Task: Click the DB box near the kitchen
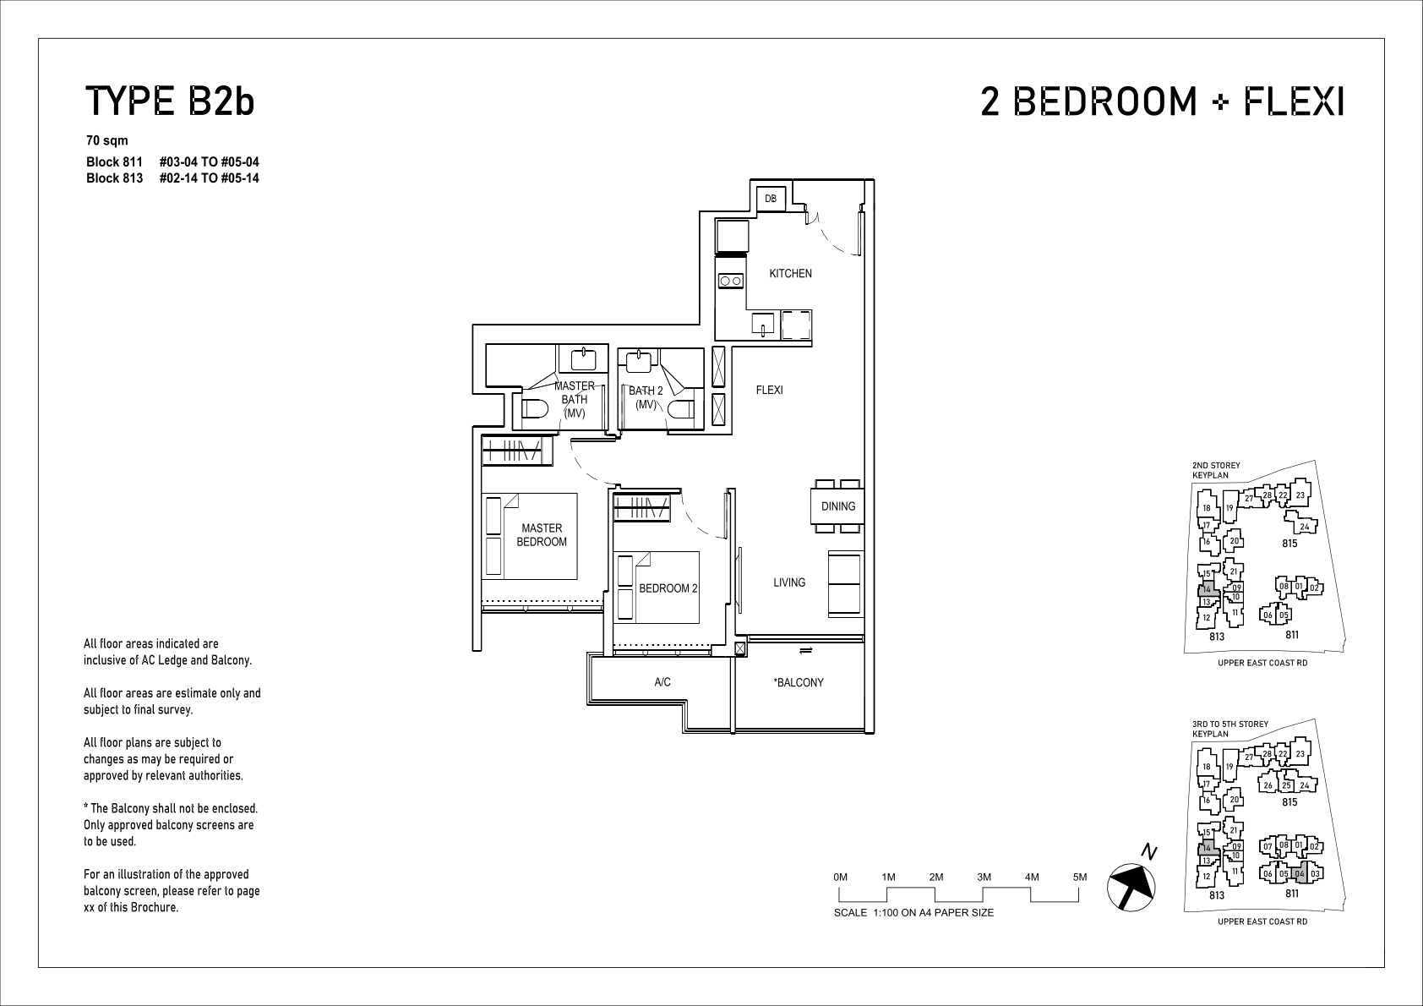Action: coord(771,199)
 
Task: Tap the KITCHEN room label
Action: coord(790,273)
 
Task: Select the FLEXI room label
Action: coord(769,391)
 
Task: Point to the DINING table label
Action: coord(838,506)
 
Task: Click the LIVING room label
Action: coord(789,582)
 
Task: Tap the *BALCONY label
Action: coord(799,682)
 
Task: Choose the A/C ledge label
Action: coord(662,682)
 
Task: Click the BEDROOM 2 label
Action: coord(668,588)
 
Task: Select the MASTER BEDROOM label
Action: coord(542,535)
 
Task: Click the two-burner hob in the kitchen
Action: coord(731,281)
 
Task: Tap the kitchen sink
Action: coord(763,324)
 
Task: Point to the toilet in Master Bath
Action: coord(534,408)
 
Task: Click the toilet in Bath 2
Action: coord(681,408)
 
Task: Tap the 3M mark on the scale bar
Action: coord(984,877)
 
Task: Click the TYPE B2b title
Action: coord(170,101)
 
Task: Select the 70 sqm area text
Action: coord(106,140)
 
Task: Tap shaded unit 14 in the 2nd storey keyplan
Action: coord(1208,588)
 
